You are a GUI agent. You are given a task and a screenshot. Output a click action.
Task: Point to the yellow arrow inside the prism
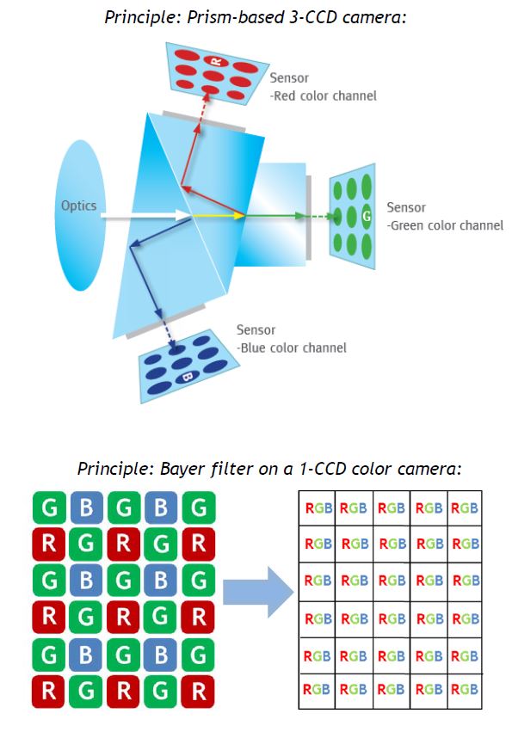coord(219,215)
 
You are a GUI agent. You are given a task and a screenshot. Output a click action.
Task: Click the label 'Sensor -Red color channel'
coord(323,87)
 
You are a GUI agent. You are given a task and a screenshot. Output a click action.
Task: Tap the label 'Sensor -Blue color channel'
coord(291,339)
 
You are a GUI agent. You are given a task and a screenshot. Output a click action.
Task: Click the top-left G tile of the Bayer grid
coord(50,508)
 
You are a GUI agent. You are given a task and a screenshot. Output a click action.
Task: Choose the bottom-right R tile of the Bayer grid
coord(198,691)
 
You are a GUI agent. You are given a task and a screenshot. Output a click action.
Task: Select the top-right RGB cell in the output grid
coord(465,508)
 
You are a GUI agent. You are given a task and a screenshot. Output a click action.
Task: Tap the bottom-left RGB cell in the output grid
coord(318,690)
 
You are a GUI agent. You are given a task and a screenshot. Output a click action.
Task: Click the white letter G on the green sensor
coord(367,216)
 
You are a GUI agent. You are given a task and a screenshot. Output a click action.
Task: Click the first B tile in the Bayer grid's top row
coord(87,508)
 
